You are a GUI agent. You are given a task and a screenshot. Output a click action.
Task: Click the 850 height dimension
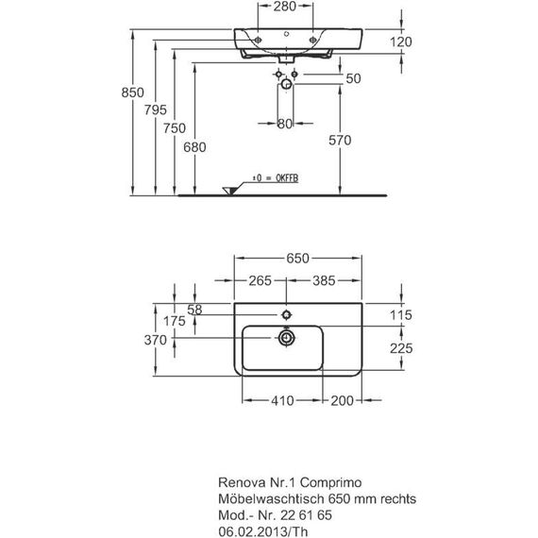coord(132,92)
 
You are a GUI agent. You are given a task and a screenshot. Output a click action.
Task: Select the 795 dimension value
coord(156,110)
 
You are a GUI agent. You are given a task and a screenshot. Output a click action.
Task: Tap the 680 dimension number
coord(194,147)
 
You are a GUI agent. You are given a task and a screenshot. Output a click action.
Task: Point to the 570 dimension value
coord(340,141)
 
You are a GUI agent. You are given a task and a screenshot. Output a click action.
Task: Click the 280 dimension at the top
coord(285,7)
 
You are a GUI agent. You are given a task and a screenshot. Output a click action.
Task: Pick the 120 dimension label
coord(401,42)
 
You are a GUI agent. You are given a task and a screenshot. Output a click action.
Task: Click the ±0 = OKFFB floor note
coord(276,178)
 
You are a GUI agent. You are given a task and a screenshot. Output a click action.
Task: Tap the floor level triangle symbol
coord(229,191)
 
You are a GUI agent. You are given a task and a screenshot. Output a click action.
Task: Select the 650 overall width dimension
coord(298,259)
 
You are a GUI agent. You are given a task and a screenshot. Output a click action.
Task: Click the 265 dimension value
coord(261,280)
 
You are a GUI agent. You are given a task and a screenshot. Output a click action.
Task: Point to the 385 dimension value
coord(324,280)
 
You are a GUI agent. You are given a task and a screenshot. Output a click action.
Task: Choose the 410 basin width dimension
coord(282,400)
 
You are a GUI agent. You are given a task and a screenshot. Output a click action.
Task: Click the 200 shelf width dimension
coord(342,400)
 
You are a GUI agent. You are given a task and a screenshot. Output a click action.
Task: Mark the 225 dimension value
coord(401,348)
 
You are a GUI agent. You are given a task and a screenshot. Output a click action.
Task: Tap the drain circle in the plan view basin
coord(286,338)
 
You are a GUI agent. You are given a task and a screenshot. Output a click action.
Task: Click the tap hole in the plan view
coord(286,314)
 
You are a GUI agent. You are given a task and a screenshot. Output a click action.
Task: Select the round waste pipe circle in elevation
coord(286,84)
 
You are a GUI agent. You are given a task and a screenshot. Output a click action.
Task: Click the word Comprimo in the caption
coord(330,483)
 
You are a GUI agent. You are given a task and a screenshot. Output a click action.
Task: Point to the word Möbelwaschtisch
coord(271,498)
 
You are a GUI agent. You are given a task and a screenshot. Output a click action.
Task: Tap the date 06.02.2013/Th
coord(263,531)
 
